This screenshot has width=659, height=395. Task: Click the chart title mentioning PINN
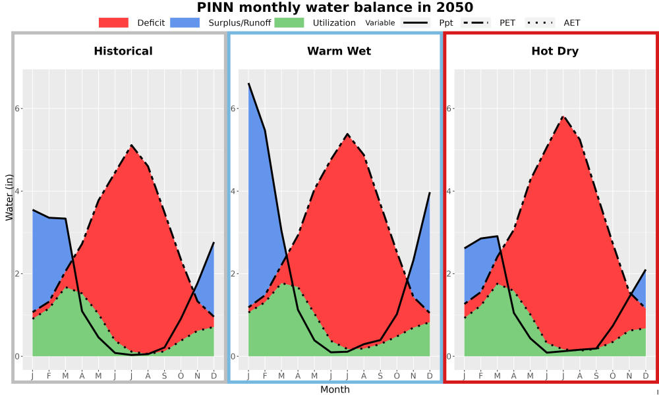pyautogui.click(x=335, y=7)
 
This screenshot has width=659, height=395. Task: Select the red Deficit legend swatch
pyautogui.click(x=113, y=22)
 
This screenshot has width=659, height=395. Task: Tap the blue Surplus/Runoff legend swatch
pyautogui.click(x=185, y=22)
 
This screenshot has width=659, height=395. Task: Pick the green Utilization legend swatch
pyautogui.click(x=289, y=22)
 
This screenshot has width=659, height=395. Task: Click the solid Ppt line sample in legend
pyautogui.click(x=415, y=22)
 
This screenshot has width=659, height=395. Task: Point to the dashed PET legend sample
pyautogui.click(x=476, y=22)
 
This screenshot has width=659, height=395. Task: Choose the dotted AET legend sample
pyautogui.click(x=540, y=22)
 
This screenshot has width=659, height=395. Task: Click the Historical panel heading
pyautogui.click(x=123, y=51)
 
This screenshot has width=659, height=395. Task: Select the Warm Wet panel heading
pyautogui.click(x=339, y=51)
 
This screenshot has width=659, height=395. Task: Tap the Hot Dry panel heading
pyautogui.click(x=555, y=51)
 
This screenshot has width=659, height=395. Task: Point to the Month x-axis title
pyautogui.click(x=335, y=390)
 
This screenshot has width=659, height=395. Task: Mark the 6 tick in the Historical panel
pyautogui.click(x=16, y=109)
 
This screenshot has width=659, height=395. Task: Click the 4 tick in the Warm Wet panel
pyautogui.click(x=233, y=191)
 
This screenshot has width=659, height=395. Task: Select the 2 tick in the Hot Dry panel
pyautogui.click(x=448, y=274)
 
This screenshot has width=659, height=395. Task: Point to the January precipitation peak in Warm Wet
pyautogui.click(x=249, y=84)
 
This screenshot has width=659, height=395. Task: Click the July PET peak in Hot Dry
pyautogui.click(x=563, y=117)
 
